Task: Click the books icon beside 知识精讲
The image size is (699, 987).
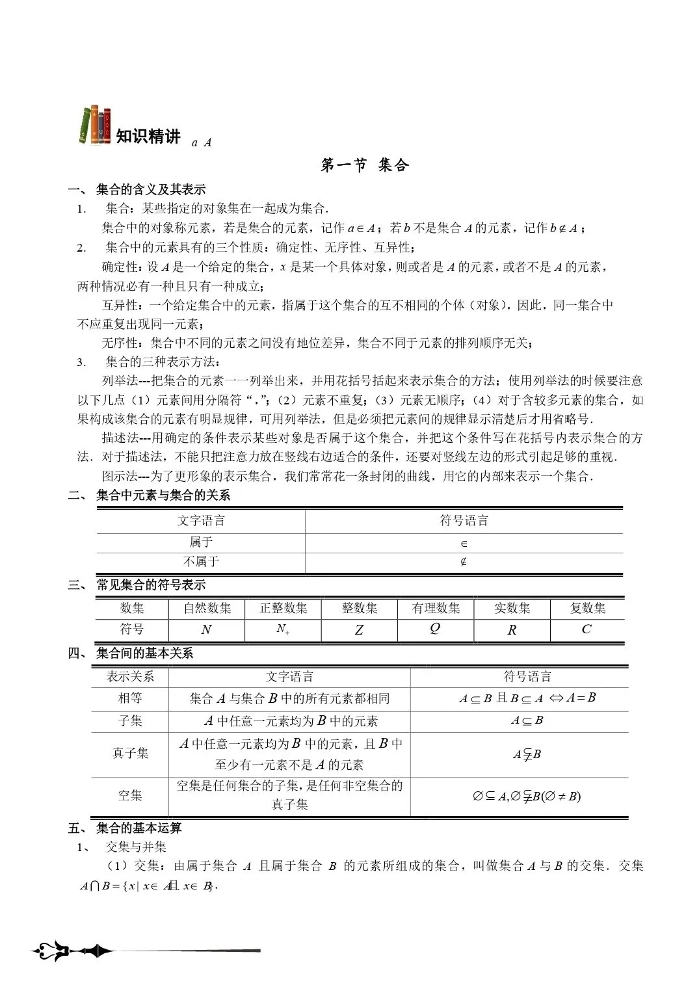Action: (95, 125)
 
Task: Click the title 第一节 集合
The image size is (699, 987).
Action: (365, 165)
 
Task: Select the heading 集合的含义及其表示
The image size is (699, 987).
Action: (151, 190)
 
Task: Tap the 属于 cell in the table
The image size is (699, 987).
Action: (201, 542)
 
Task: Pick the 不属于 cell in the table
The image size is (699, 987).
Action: (201, 562)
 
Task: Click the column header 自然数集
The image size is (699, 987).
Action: (207, 608)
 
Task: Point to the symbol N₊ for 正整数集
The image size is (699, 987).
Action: (283, 629)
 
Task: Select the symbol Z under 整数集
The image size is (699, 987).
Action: (359, 629)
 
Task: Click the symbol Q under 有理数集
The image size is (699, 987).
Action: (435, 628)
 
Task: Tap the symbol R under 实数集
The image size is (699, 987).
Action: (512, 629)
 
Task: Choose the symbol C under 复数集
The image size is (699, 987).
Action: (587, 629)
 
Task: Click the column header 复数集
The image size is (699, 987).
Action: (588, 608)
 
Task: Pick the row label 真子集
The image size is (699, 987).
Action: (130, 753)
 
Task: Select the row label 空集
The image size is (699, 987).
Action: (130, 795)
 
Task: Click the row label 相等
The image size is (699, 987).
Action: (130, 698)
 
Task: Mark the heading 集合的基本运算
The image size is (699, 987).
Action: (138, 828)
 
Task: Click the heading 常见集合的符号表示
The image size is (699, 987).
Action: (151, 585)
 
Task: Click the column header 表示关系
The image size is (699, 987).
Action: (130, 676)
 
